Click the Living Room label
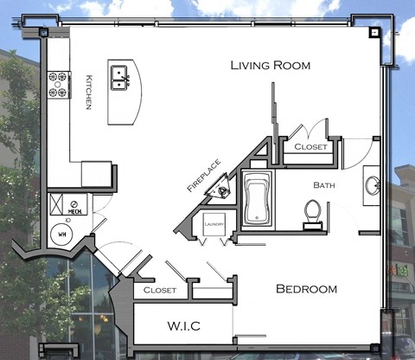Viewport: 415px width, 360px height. [x=271, y=66]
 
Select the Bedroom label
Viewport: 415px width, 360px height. [x=306, y=289]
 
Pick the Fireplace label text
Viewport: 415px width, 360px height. [x=204, y=175]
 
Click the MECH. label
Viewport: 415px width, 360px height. [x=75, y=211]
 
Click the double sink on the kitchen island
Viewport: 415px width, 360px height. [x=120, y=80]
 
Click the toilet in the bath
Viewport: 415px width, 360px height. [x=313, y=213]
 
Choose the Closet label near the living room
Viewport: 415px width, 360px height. [x=310, y=147]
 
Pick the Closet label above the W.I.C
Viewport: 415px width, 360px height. [x=160, y=290]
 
